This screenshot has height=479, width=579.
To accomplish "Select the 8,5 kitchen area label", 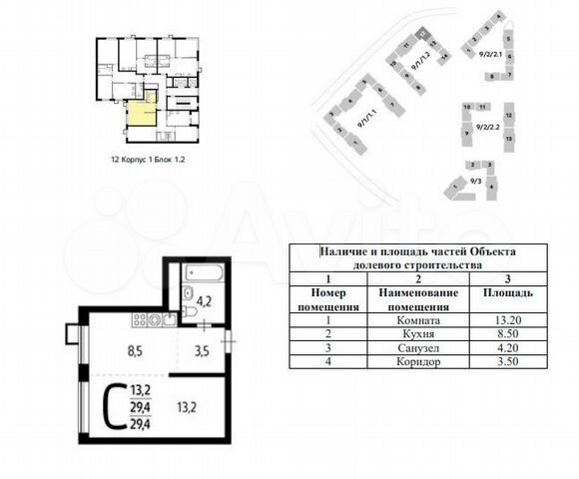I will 108,349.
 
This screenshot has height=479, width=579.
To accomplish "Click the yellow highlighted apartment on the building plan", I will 140,115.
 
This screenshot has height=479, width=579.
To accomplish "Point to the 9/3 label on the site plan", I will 477,180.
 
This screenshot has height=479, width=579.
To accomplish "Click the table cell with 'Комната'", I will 417,320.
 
